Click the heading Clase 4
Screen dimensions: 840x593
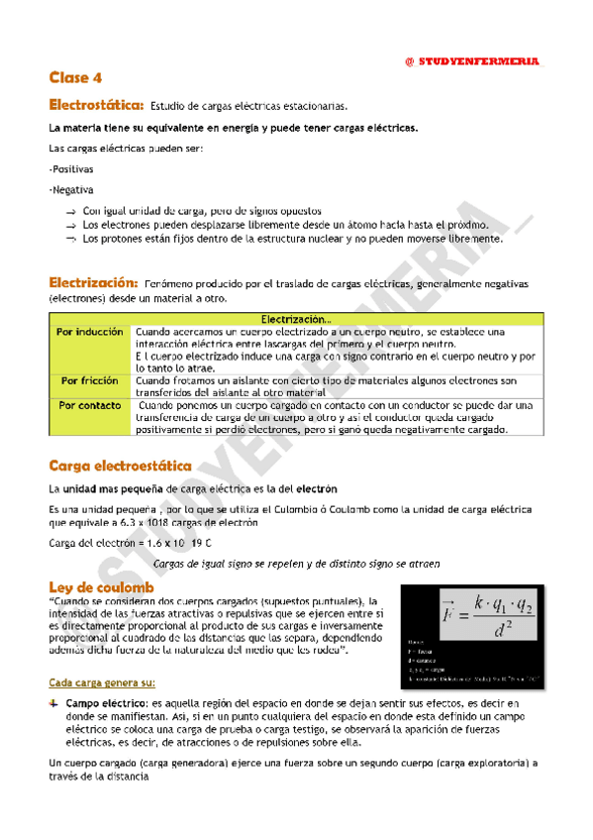[75, 77]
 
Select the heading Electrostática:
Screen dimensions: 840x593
[97, 105]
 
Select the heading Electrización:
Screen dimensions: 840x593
[95, 282]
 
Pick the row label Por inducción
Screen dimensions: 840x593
[90, 332]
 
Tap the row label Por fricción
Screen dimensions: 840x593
[90, 380]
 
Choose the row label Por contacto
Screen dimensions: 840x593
[90, 405]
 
